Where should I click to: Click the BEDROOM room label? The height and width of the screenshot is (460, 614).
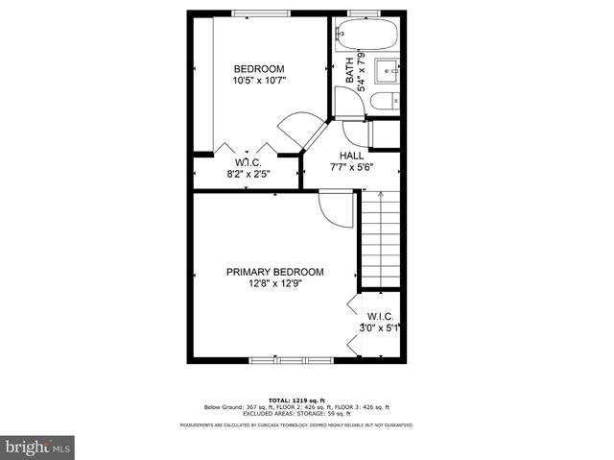click(x=259, y=68)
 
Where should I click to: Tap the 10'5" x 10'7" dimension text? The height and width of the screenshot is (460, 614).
click(x=259, y=81)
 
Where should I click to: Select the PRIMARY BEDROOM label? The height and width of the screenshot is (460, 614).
click(x=274, y=272)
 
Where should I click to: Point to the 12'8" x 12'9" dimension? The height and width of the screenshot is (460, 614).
click(x=274, y=283)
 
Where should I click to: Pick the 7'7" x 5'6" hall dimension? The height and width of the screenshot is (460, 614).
click(x=351, y=166)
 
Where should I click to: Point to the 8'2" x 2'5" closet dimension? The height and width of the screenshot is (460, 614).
click(x=248, y=174)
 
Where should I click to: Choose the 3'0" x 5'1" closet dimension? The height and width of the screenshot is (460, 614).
click(x=379, y=328)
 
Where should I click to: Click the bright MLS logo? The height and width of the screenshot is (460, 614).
click(x=38, y=447)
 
